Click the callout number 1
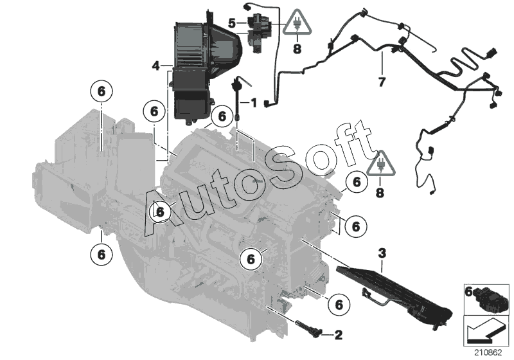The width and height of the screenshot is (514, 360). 254,103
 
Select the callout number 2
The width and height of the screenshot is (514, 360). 338,335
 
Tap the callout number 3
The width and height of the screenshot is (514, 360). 382,253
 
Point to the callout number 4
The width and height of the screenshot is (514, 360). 155,66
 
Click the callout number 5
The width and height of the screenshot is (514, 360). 232,23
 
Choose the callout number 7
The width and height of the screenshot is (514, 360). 382,82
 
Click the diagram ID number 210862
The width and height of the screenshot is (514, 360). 488,353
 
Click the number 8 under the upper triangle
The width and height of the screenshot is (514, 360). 297,49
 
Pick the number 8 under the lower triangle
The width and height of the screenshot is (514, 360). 380,192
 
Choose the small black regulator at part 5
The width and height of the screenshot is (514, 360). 258,32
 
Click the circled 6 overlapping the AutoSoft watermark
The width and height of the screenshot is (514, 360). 160,212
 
